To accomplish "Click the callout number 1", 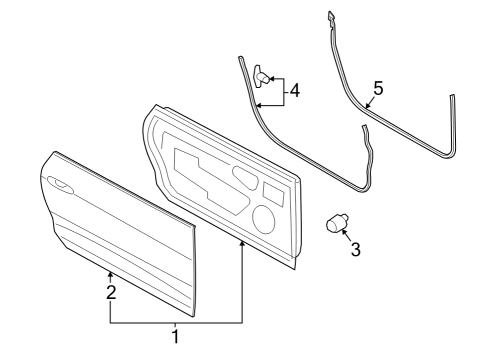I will click(x=176, y=335).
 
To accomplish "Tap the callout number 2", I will click(x=112, y=292).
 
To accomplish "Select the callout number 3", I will click(x=355, y=248).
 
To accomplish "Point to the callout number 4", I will click(x=294, y=92).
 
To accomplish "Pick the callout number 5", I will click(x=378, y=88).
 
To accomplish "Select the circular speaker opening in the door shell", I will click(x=265, y=217).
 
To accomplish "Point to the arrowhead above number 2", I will click(x=111, y=272).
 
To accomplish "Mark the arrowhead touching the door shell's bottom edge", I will click(x=242, y=245).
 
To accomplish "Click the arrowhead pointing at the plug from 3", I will click(x=344, y=232).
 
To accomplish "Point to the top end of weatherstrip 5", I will click(x=330, y=14).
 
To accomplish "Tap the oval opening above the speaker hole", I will click(x=244, y=180).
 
